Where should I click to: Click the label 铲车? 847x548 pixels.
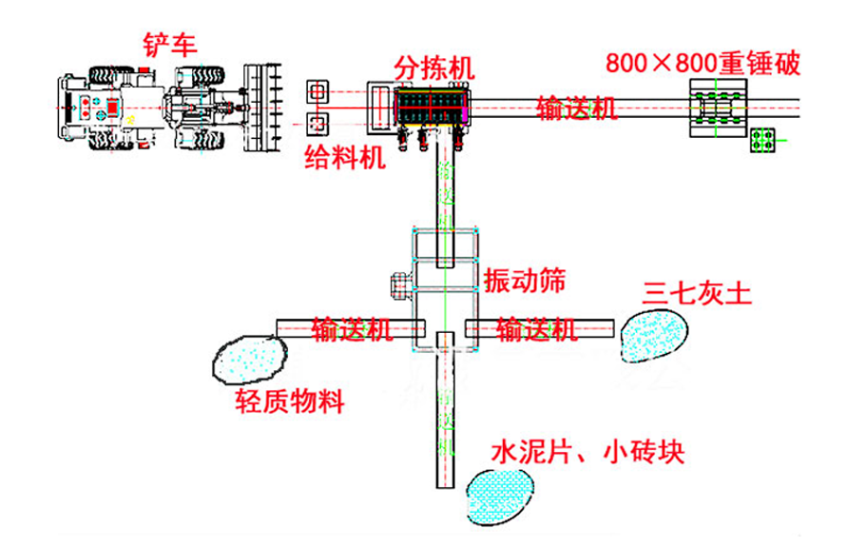coord(170,44)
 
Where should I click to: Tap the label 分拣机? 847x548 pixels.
coord(434,68)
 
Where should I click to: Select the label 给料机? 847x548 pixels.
coord(345,157)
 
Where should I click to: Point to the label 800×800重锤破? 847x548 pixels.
coord(703,64)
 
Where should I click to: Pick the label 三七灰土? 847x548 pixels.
coord(698,292)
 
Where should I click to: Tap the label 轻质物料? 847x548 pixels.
coord(290,401)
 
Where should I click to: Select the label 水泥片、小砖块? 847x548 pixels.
coord(587,451)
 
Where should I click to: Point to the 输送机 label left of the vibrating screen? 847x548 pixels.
coord(352,329)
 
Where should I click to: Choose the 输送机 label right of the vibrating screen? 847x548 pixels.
coord(536,329)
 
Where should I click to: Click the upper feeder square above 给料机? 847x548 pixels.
coord(318,91)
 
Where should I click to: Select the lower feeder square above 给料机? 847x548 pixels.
coord(318,123)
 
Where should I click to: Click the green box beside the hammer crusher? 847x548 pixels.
coord(762,141)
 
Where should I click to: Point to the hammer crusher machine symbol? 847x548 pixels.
coord(719,108)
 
